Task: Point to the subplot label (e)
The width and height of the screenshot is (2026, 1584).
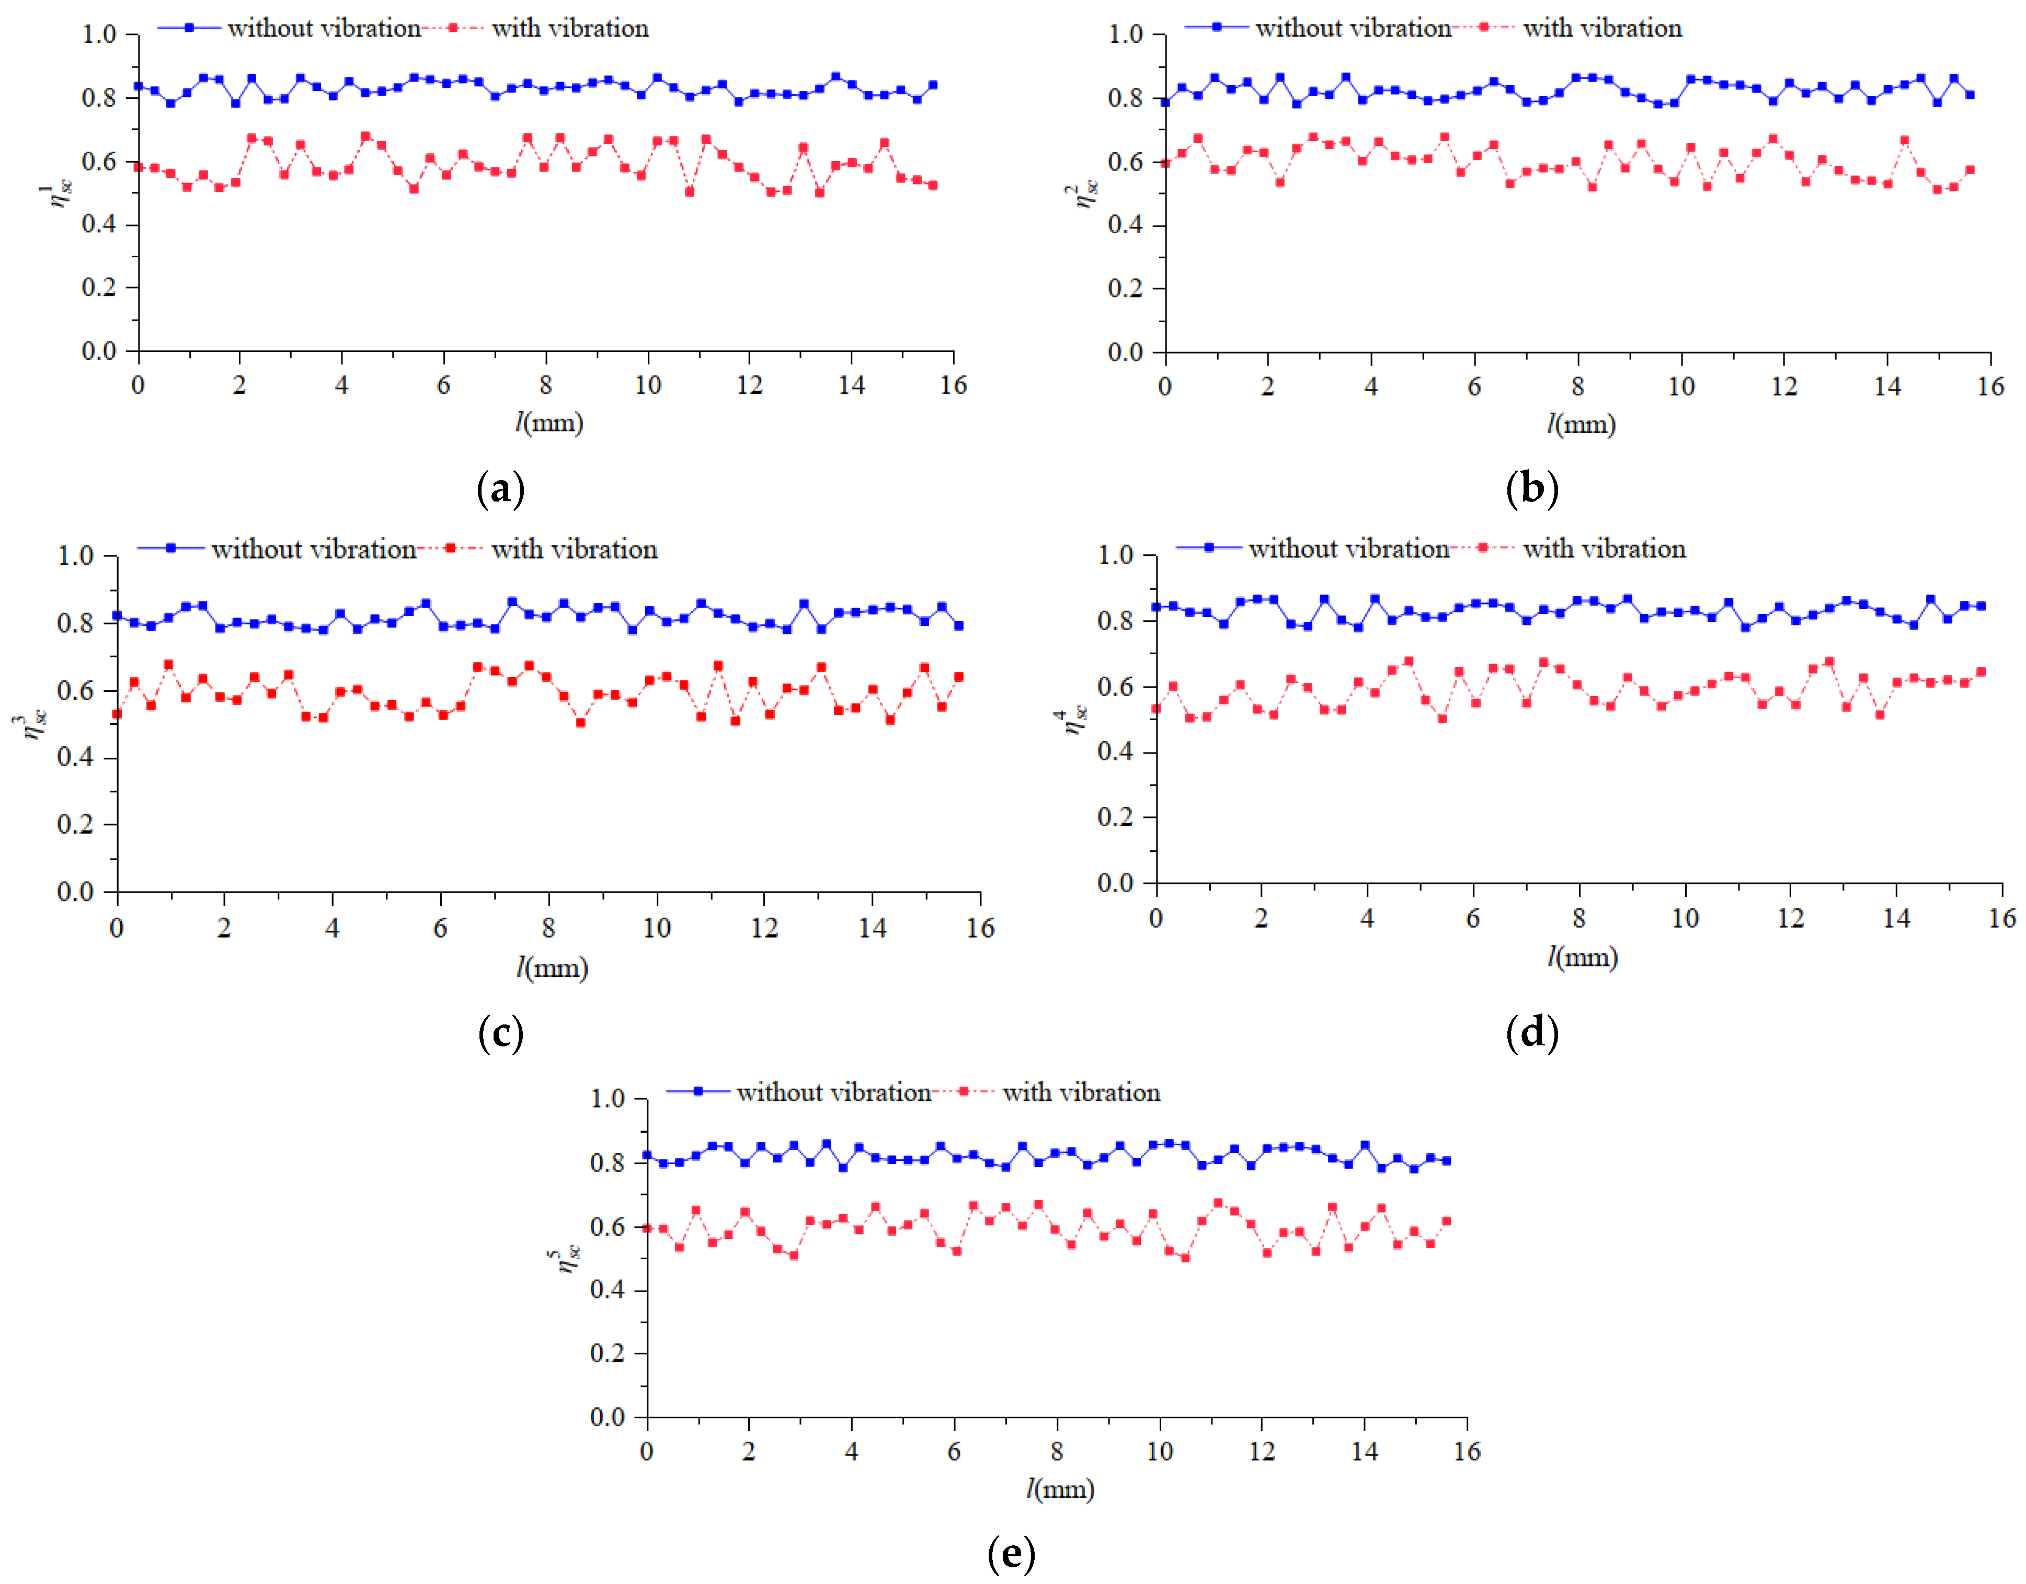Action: click(1011, 1553)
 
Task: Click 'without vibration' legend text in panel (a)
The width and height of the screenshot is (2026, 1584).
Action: click(324, 29)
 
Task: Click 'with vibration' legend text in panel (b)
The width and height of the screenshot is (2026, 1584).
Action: click(1602, 29)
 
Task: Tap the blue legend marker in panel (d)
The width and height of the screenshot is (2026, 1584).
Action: click(1209, 549)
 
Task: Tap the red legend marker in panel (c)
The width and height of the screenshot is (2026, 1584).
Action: click(450, 549)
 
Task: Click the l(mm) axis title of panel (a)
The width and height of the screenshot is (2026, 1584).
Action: click(549, 423)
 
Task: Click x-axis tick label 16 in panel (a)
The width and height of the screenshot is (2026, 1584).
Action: click(953, 386)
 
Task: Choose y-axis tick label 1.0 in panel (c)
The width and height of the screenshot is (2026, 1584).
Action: click(75, 557)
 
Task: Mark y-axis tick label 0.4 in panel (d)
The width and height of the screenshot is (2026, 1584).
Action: click(1115, 753)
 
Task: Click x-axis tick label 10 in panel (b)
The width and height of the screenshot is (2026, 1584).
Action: click(1681, 387)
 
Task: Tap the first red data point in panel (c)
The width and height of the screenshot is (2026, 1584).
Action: click(117, 714)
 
